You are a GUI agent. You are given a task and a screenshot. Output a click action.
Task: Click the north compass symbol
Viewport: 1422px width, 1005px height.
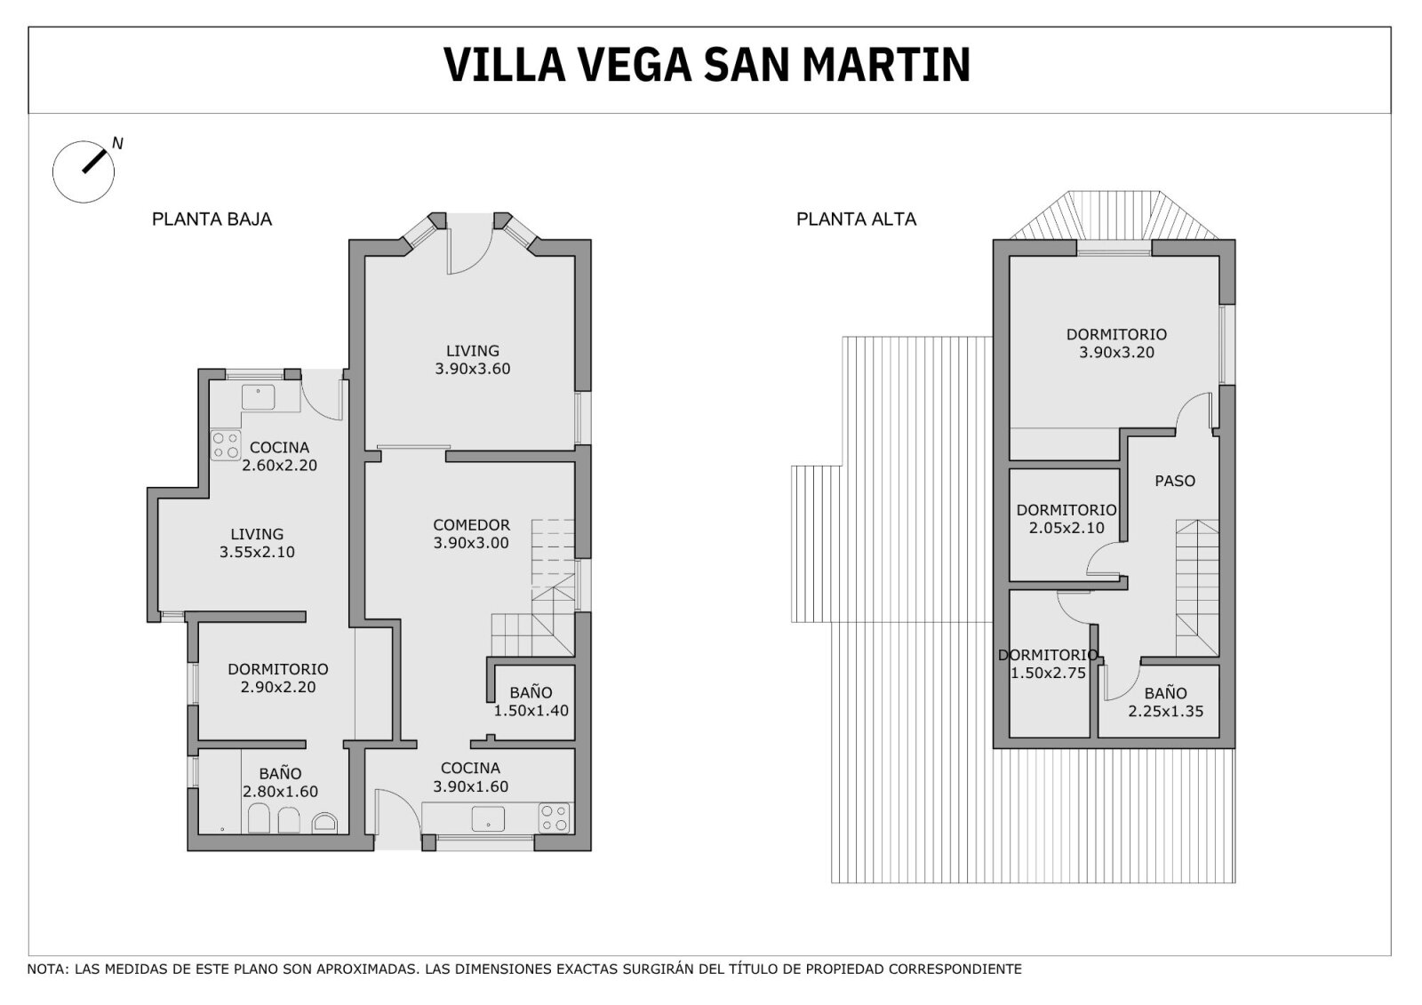click(x=84, y=171)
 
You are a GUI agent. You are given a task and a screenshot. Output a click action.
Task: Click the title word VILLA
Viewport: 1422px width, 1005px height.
click(x=504, y=65)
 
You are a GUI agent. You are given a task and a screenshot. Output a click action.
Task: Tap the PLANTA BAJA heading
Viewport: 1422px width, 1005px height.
click(x=212, y=219)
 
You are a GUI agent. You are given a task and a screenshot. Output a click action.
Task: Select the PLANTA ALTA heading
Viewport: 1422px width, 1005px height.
click(x=857, y=219)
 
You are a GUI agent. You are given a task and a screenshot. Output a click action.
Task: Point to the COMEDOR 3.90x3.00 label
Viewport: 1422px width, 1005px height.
click(x=471, y=534)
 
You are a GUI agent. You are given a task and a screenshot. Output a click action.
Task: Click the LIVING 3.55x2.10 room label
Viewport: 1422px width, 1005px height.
click(x=257, y=543)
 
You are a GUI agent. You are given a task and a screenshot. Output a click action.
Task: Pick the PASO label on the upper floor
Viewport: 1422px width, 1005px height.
click(x=1174, y=482)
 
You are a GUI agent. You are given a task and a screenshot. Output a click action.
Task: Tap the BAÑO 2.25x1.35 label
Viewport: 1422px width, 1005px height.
click(x=1165, y=702)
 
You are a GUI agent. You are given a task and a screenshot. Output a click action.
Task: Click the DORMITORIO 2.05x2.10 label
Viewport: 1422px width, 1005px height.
click(x=1066, y=519)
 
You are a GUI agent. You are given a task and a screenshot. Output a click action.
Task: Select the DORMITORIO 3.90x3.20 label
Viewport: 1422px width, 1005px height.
click(x=1116, y=344)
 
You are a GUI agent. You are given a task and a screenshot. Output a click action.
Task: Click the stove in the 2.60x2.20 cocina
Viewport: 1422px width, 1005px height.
click(x=226, y=445)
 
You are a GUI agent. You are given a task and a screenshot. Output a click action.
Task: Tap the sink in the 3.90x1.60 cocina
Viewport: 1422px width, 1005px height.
click(x=488, y=819)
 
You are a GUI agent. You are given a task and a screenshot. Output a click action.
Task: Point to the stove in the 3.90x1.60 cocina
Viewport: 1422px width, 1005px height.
click(x=554, y=818)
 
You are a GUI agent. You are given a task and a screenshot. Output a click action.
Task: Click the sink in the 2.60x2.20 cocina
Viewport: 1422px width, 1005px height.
click(x=259, y=397)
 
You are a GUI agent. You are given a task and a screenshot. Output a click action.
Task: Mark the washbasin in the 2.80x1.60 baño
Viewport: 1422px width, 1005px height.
click(x=324, y=823)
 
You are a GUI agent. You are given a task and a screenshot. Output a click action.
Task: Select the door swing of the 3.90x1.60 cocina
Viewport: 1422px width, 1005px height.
click(x=397, y=819)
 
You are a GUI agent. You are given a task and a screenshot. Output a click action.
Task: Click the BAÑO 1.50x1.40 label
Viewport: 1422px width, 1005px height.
click(x=531, y=701)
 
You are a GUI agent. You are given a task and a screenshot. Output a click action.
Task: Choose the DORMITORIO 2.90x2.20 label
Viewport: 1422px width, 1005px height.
click(x=278, y=678)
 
